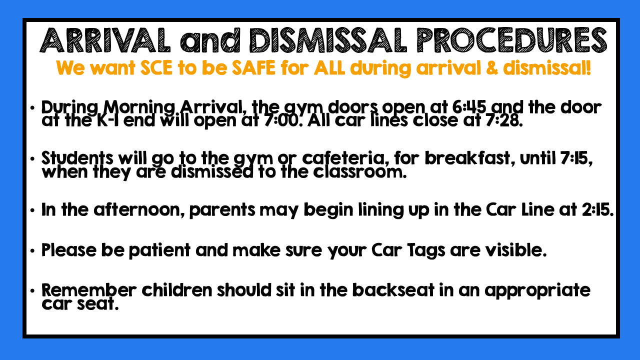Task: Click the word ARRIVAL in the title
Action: coord(105,40)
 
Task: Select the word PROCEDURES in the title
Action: coord(511,40)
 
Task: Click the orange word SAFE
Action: coord(253,68)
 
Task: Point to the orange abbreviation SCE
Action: coord(156,68)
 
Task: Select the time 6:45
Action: coord(469,107)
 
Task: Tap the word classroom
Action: coord(359,172)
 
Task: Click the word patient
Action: coord(159,250)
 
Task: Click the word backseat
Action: coord(393,290)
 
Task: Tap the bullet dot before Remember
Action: coord(32,291)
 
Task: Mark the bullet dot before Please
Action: coord(32,251)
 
